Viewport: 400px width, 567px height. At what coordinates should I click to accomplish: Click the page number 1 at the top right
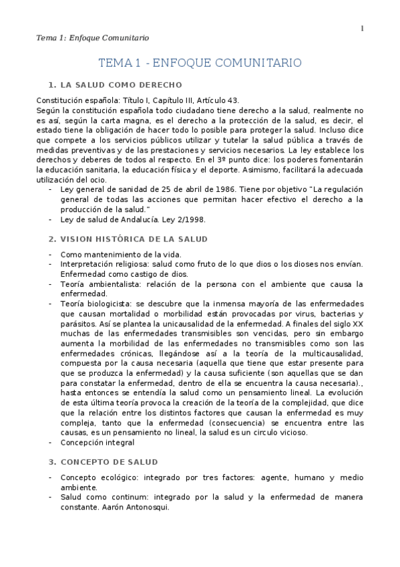362,28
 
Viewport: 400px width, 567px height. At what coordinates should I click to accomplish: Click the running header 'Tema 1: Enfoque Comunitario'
92,37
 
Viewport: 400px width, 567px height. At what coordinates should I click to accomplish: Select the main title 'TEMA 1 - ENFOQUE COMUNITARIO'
200,63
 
